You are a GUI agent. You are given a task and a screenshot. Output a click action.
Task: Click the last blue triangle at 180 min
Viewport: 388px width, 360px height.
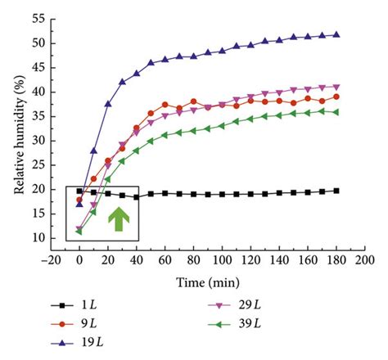(336, 34)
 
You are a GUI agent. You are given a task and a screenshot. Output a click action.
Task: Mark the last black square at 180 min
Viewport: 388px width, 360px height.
(336, 191)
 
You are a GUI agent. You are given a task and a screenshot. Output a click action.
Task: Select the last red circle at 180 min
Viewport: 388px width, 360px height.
(336, 97)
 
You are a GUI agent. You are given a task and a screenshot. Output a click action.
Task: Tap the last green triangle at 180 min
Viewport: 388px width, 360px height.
(336, 112)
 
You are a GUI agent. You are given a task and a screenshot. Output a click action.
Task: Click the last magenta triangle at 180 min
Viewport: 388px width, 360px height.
(336, 87)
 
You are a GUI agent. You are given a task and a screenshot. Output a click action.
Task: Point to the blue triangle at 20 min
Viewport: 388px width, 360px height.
(108, 104)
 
